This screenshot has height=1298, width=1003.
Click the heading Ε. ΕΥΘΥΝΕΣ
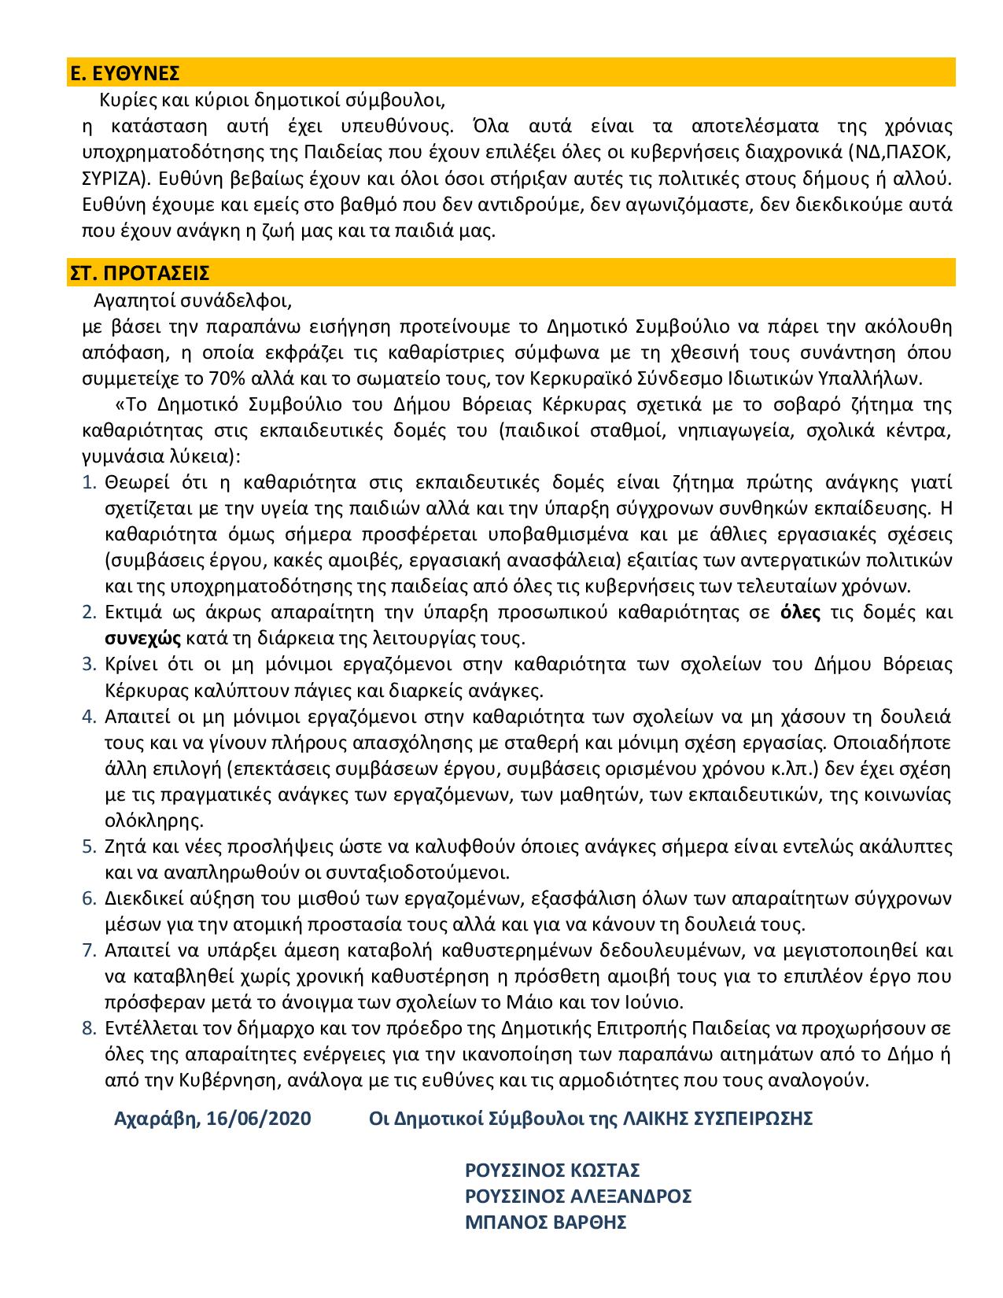[124, 74]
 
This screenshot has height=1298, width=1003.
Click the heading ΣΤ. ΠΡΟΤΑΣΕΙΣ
[138, 274]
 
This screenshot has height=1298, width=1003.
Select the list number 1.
[88, 482]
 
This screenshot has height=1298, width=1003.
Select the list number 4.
[88, 717]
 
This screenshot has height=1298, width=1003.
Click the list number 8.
[88, 1028]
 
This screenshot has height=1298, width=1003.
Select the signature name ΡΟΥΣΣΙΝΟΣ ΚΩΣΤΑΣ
[553, 1170]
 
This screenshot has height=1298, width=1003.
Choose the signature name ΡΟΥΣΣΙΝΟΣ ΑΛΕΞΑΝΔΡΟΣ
[578, 1197]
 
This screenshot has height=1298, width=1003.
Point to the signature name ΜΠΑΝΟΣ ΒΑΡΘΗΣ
[546, 1222]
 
